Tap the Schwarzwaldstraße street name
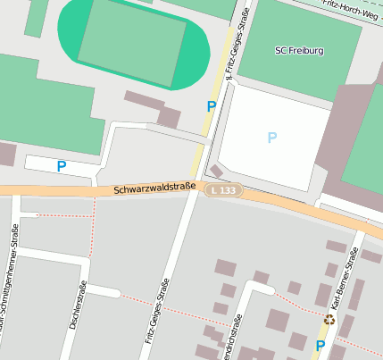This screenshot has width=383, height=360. (154, 188)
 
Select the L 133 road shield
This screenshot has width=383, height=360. (224, 190)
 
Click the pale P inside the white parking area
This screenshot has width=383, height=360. (272, 137)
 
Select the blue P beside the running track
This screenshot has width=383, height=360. (212, 106)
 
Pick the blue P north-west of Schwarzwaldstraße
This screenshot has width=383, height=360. (62, 165)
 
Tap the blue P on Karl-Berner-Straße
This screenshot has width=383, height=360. (321, 345)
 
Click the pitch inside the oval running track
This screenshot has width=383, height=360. (132, 42)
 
